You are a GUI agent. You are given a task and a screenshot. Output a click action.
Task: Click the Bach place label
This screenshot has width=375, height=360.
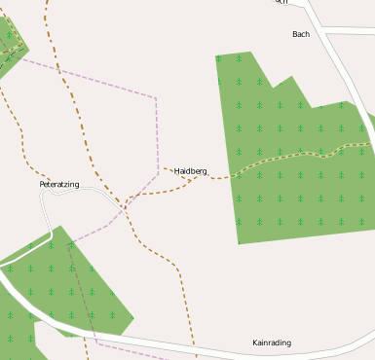[301, 34]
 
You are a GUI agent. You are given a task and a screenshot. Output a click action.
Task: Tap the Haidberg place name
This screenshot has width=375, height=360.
[191, 171]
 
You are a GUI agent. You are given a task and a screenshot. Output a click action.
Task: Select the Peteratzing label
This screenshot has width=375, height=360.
[59, 184]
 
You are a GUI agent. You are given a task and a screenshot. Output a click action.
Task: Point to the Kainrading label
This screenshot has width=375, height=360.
[272, 342]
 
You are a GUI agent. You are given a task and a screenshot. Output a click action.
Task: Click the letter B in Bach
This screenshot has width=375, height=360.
[295, 34]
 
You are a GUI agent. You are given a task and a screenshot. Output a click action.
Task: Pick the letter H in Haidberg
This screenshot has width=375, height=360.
[177, 171]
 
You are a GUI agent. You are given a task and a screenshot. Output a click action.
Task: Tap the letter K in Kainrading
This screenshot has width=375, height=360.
[255, 342]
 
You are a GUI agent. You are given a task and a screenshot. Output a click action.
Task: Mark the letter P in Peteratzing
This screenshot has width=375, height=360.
[42, 184]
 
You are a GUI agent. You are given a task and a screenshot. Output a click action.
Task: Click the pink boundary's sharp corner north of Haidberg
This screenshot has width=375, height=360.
[156, 97]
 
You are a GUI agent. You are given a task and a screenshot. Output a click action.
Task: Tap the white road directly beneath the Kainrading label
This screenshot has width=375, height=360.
[272, 354]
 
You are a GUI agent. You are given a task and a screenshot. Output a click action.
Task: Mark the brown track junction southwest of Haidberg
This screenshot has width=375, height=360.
[126, 199]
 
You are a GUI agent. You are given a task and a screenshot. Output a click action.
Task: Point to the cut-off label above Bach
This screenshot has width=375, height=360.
[281, 2]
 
